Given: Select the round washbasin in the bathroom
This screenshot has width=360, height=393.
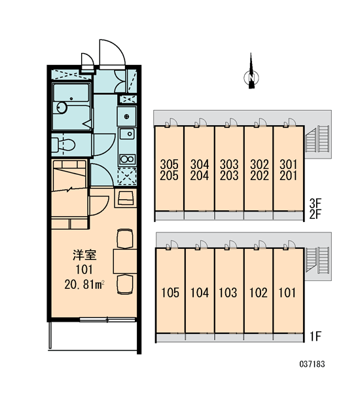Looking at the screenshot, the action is coord(62,107).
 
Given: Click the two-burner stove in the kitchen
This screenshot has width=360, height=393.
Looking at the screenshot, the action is coord(127,159).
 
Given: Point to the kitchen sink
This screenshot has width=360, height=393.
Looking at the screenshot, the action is coord(127,134).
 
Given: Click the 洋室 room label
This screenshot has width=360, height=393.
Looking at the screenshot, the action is coord(84,255).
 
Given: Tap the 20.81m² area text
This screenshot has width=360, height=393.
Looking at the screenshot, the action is coord(84,285).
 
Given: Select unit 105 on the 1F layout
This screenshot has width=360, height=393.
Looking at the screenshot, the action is coord(170,293).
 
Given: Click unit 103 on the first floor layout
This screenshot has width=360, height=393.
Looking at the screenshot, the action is coord(228,293).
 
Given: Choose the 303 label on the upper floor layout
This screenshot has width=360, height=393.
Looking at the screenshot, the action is coord(229,164).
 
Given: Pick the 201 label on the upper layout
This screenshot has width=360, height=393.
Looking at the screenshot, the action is coord(289,176).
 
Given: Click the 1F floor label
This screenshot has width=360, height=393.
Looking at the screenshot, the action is coord(315,337).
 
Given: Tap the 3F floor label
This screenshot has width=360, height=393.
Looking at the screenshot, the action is coord(315,203).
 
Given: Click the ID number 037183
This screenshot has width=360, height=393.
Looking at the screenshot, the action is coord(312,364).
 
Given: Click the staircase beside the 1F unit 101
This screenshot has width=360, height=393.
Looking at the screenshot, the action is coord(317,260).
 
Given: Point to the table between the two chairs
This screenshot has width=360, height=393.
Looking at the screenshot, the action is coord(125,261).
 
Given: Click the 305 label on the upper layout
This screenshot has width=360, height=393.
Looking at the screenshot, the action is coord(170,164).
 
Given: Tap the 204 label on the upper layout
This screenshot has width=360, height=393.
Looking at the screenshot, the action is coord(200,176).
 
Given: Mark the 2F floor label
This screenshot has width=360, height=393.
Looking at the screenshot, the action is coord(315,215).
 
